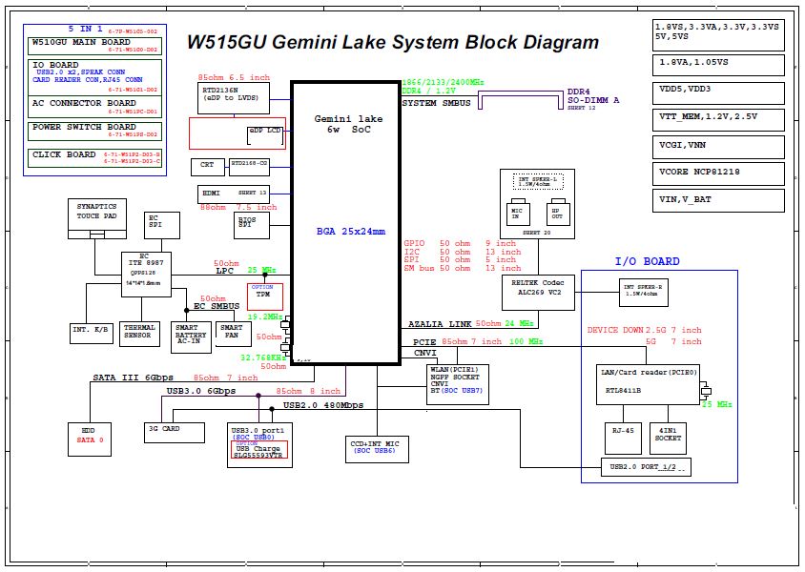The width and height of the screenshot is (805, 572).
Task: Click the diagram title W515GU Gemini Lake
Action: click(x=392, y=43)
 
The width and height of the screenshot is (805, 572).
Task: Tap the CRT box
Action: click(x=207, y=166)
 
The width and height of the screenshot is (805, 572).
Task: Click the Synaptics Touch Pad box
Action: click(x=96, y=212)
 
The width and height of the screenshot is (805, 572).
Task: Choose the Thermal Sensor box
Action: click(x=139, y=331)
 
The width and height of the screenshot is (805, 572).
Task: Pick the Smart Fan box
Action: click(x=231, y=331)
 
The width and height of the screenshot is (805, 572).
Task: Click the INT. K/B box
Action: click(x=92, y=331)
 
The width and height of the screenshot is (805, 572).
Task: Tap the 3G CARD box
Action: click(x=175, y=430)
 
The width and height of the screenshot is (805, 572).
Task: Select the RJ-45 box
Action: click(x=624, y=438)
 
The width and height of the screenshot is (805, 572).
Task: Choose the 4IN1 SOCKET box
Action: click(x=669, y=438)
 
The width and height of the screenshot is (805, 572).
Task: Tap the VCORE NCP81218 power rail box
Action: click(x=718, y=173)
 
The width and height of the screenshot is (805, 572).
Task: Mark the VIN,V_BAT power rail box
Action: click(x=718, y=200)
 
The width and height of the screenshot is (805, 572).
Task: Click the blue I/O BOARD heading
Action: click(x=647, y=261)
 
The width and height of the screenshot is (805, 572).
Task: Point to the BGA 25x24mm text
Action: click(x=351, y=231)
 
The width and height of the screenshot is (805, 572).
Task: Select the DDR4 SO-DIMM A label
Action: click(x=594, y=96)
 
